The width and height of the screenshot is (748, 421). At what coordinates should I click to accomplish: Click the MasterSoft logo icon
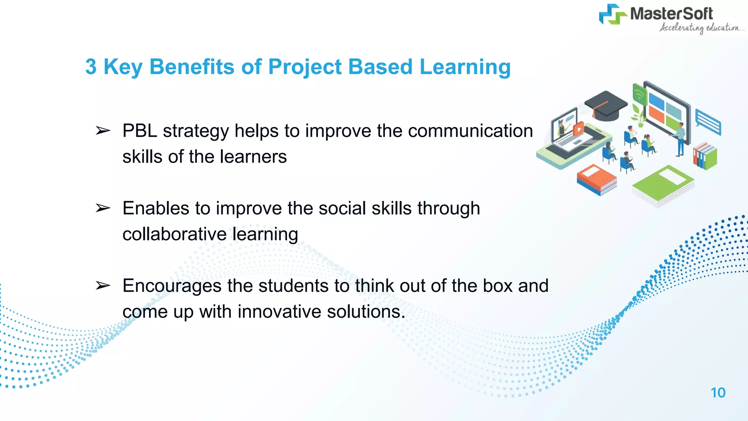tap(612, 15)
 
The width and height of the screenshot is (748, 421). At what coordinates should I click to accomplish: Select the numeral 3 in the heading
tap(91, 67)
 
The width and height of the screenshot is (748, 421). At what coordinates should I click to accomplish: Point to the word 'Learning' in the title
tap(465, 68)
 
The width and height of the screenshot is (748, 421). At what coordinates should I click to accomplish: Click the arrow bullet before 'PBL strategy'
tap(103, 131)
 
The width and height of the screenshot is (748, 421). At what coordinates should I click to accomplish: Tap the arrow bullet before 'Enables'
tap(103, 208)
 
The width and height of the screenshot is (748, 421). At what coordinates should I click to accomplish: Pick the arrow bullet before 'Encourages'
tap(103, 286)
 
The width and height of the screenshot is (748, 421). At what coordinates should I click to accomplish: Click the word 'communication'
tap(470, 131)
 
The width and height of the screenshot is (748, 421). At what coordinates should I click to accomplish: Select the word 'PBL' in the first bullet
tap(140, 131)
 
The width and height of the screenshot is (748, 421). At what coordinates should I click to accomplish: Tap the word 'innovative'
tap(279, 312)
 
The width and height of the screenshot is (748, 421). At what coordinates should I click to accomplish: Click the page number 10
tap(718, 393)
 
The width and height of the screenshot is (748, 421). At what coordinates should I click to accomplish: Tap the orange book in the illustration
tap(596, 179)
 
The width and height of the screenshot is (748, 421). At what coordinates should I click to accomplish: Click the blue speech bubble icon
tap(708, 122)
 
